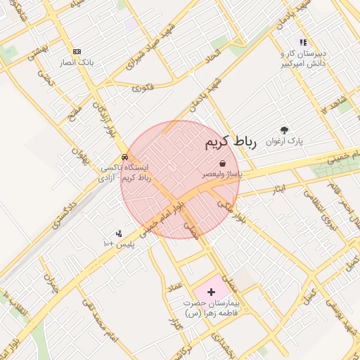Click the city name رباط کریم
click(231, 143)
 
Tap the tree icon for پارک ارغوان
click(284, 130)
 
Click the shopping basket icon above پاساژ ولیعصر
click(222, 163)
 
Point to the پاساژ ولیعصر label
click(222, 174)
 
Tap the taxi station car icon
click(124, 157)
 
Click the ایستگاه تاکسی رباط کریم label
click(125, 174)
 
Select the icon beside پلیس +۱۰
click(119, 233)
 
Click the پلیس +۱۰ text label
click(118, 244)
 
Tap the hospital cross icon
click(212, 290)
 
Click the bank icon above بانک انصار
click(77, 51)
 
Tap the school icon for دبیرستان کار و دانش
click(303, 42)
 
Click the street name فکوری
click(143, 88)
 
